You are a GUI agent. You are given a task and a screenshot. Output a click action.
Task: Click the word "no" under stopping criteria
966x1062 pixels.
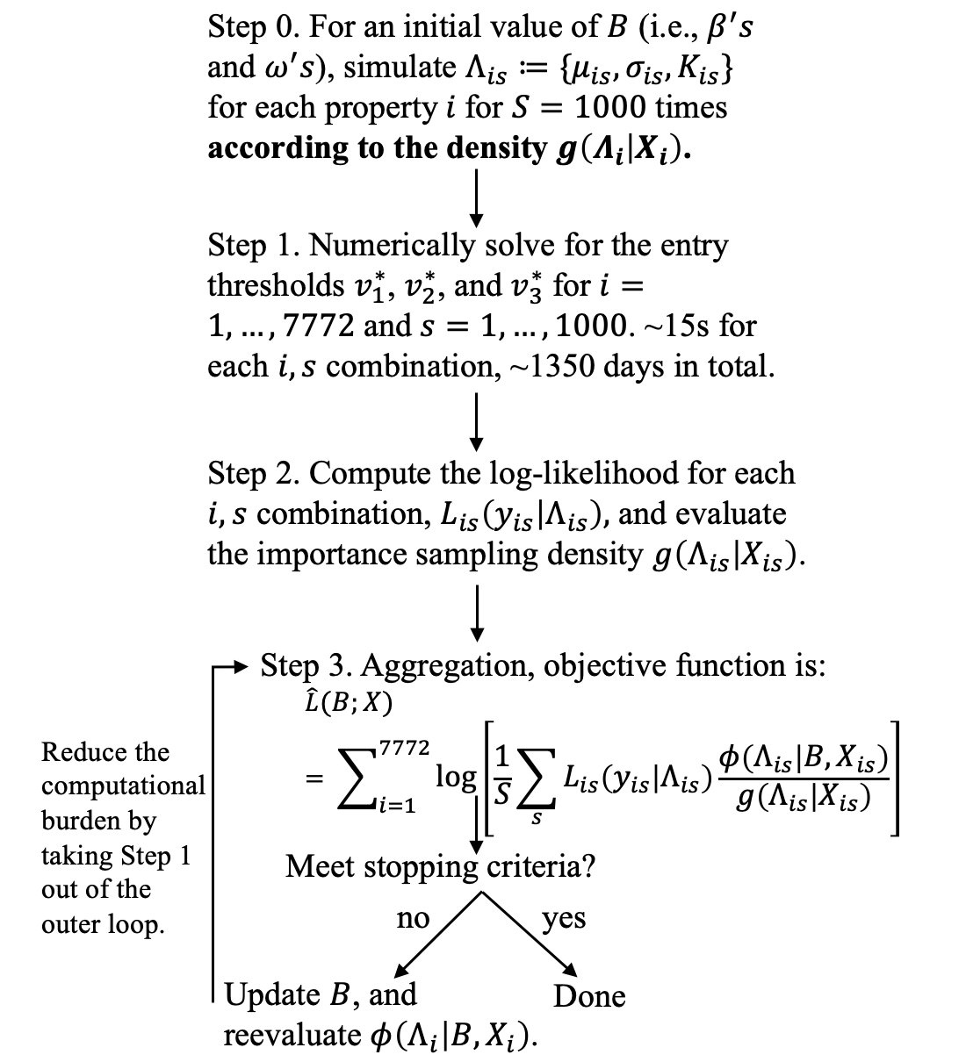click(x=413, y=919)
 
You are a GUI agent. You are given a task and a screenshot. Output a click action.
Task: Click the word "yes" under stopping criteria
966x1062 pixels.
click(x=563, y=919)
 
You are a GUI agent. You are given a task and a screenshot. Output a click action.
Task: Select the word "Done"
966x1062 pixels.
click(x=589, y=996)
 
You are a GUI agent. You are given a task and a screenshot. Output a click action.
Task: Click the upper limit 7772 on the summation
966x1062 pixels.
click(x=405, y=748)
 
